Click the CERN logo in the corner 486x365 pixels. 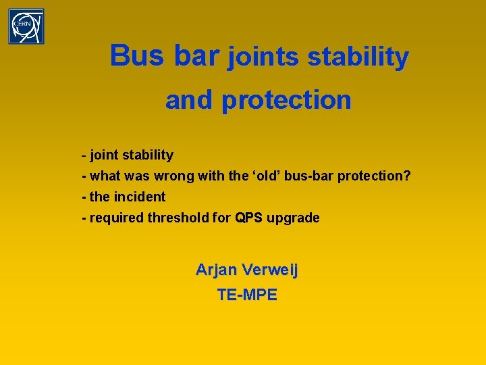pos(26,26)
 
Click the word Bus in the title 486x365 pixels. pos(138,55)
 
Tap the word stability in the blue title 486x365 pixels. pos(358,58)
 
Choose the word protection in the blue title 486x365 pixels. pos(286,100)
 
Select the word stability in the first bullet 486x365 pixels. pos(146,155)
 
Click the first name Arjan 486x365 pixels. pos(216,270)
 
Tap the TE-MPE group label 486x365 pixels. pos(246,295)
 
